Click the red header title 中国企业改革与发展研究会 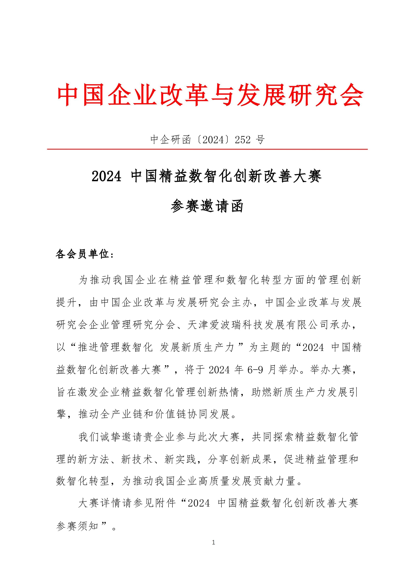[210, 95]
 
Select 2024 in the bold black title [106, 176]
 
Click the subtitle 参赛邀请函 [207, 206]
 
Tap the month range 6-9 [255, 370]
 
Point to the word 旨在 [67, 392]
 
